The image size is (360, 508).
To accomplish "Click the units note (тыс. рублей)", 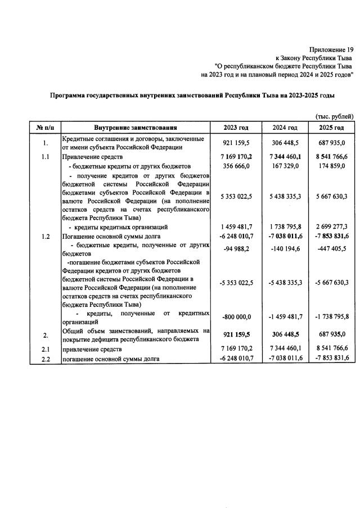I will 334,116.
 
